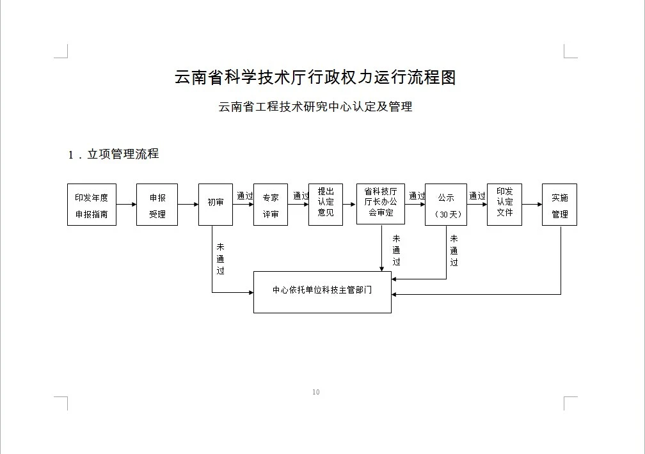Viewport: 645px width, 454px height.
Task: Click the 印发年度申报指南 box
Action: click(92, 205)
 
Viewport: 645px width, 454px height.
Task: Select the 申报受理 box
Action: click(157, 205)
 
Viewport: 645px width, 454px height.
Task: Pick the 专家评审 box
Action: click(271, 205)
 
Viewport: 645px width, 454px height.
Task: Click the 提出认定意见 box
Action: click(326, 203)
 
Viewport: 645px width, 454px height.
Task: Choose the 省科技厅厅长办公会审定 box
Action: click(381, 203)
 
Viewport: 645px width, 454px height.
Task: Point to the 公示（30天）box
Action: click(446, 205)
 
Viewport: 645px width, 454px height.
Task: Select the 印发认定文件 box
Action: click(504, 203)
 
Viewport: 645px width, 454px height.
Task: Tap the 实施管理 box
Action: click(559, 205)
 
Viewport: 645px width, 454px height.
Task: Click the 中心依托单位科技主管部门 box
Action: click(322, 292)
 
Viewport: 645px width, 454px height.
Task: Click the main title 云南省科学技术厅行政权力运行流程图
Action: click(315, 78)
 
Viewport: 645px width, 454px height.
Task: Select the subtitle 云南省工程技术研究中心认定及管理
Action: click(315, 107)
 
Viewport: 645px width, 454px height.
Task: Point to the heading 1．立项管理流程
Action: click(113, 154)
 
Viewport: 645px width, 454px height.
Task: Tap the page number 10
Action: click(315, 392)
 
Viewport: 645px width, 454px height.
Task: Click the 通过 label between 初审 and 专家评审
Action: click(245, 196)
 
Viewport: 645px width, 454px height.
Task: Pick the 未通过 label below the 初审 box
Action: click(220, 258)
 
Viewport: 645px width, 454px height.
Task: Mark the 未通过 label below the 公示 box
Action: click(454, 250)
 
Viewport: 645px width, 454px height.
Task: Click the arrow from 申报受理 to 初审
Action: click(188, 205)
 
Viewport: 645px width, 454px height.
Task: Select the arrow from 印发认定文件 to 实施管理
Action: click(532, 205)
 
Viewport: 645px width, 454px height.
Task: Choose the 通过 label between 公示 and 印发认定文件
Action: click(477, 196)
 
